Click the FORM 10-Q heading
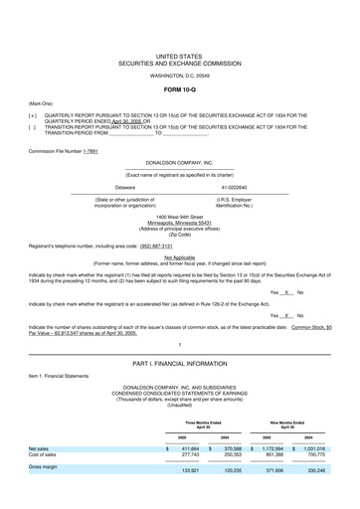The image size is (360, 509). pyautogui.click(x=179, y=89)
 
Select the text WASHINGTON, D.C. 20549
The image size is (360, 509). pyautogui.click(x=179, y=75)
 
